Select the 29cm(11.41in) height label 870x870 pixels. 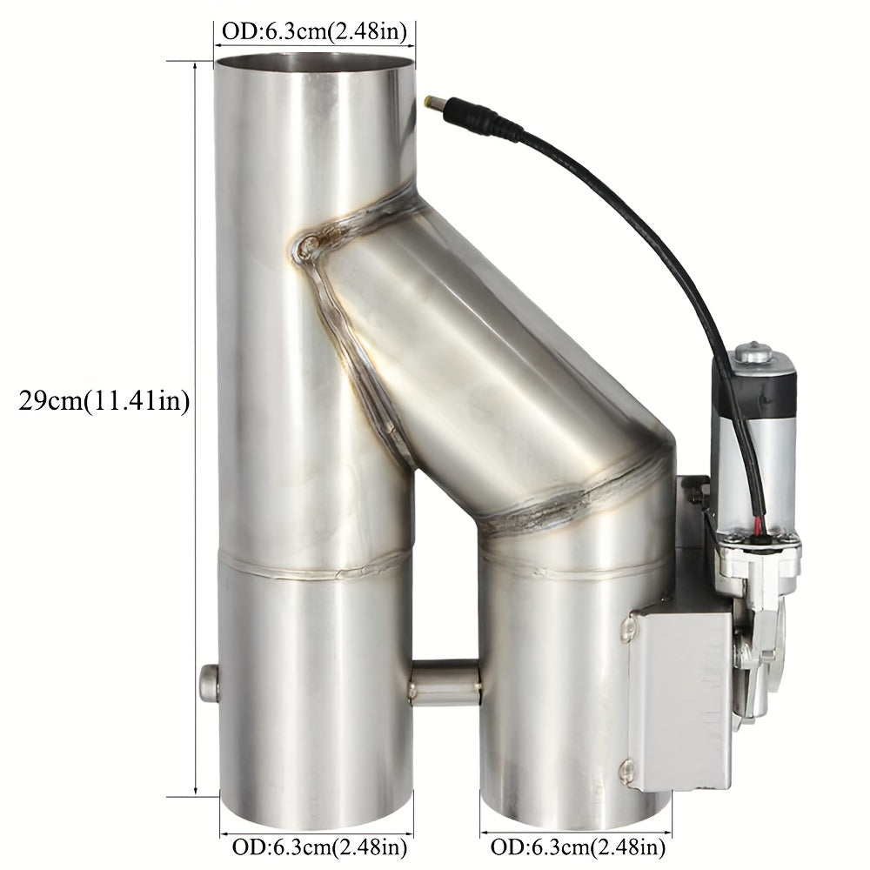click(104, 402)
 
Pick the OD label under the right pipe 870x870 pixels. click(579, 846)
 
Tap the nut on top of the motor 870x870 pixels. click(753, 353)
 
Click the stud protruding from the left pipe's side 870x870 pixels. click(208, 682)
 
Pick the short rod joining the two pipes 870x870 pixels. click(445, 683)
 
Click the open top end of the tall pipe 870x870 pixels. click(314, 64)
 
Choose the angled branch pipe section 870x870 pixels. click(487, 365)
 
